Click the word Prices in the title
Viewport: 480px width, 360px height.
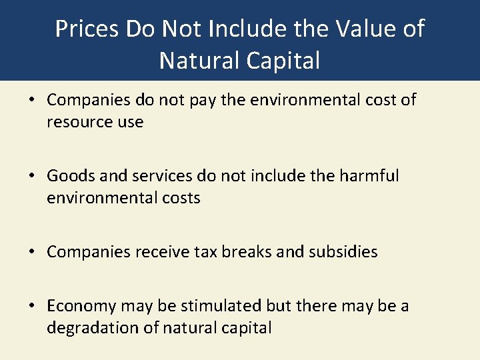84,29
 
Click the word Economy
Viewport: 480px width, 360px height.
83,306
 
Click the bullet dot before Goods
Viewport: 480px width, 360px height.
32,177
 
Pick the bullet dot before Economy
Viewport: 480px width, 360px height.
32,307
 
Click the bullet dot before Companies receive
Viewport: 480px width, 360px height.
32,253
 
